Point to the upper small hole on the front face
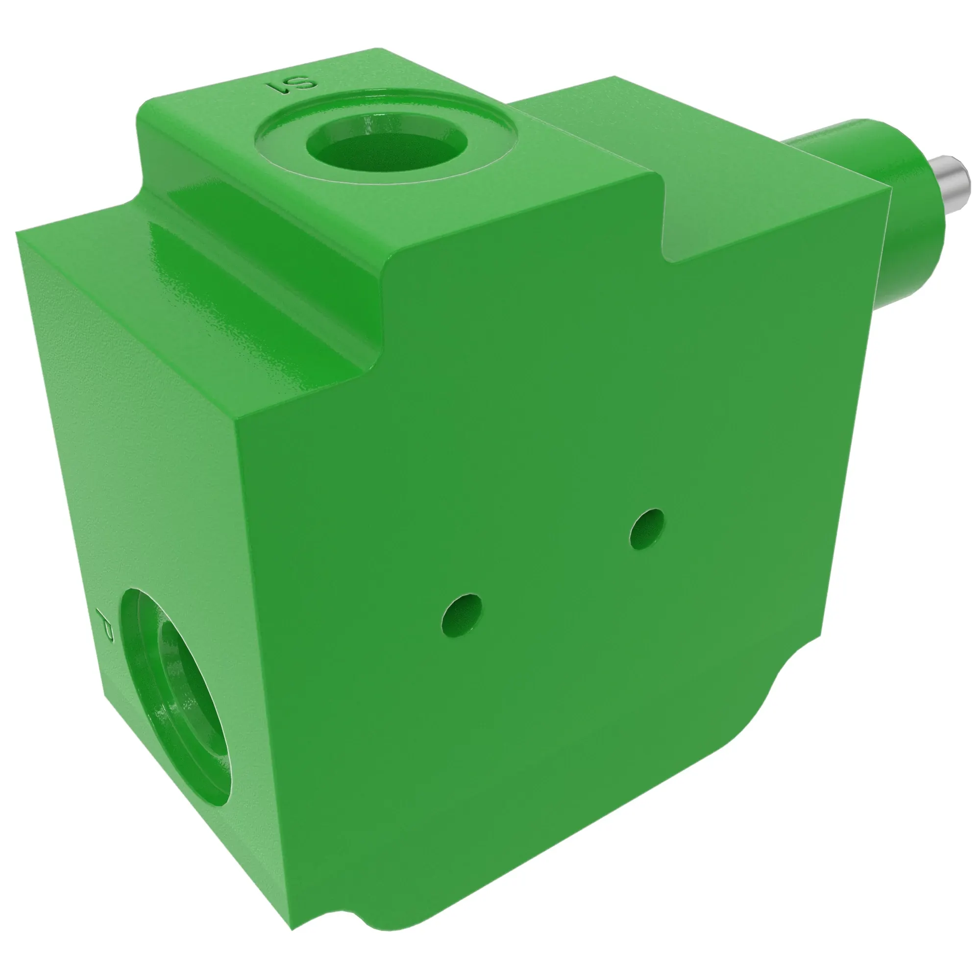click(647, 529)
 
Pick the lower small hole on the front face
click(461, 615)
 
